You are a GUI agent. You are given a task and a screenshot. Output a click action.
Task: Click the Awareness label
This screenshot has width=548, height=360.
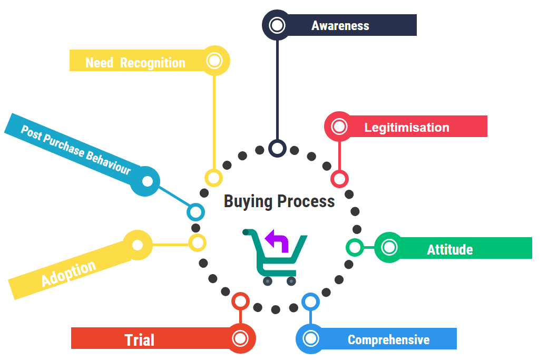click(340, 26)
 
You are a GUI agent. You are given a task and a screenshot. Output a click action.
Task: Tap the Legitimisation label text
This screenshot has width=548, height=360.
click(406, 128)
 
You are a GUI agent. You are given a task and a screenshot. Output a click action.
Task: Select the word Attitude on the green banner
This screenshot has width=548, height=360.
click(449, 249)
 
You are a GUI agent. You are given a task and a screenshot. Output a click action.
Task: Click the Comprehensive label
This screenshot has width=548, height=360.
click(388, 340)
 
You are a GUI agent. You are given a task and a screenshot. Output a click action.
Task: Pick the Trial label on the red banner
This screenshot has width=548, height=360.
click(140, 340)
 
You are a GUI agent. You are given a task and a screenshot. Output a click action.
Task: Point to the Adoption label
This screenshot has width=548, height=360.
click(68, 274)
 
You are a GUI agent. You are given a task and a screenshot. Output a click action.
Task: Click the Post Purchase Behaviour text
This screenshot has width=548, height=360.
click(75, 150)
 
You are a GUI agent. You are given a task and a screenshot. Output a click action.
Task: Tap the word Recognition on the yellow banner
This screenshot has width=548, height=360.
click(152, 63)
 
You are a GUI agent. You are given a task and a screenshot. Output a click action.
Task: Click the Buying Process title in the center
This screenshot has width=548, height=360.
click(279, 201)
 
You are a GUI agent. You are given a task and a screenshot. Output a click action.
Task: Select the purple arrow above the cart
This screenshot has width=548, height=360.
click(277, 241)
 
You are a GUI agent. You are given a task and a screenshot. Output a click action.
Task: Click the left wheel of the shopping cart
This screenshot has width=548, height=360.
click(268, 281)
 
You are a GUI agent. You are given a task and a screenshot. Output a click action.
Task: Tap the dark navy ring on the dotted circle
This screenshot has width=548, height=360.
click(277, 148)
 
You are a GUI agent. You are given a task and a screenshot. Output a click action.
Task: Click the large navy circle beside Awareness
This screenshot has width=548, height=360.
click(277, 25)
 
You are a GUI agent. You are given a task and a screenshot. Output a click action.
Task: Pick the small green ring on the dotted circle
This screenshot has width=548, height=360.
click(354, 247)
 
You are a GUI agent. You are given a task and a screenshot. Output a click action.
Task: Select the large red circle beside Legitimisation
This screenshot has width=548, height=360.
click(339, 127)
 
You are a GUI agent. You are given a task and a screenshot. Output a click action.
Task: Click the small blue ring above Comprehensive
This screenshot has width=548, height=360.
click(310, 302)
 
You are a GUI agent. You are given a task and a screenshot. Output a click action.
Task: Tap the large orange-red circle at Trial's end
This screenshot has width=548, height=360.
click(240, 338)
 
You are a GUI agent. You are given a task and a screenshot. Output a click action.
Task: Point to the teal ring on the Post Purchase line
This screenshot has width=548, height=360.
click(195, 212)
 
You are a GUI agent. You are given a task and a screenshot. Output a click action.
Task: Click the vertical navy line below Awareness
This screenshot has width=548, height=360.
click(277, 90)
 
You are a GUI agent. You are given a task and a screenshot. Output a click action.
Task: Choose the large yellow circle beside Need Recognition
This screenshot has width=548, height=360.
click(214, 61)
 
